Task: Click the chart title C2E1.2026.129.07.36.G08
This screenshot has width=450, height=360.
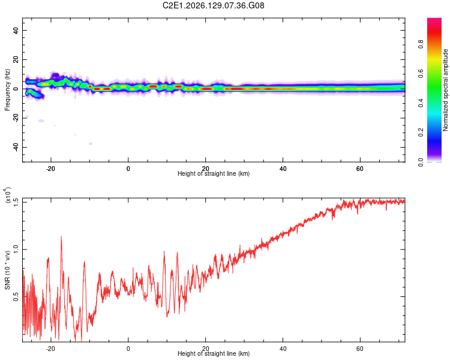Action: tap(213, 5)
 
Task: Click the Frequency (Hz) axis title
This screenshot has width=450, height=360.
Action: tap(7, 90)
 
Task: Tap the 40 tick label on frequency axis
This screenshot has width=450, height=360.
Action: tap(16, 30)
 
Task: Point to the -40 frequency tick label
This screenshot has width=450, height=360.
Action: tap(16, 147)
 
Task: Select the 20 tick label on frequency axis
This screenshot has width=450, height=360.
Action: tap(16, 59)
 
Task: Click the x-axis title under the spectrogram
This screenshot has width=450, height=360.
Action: tap(214, 173)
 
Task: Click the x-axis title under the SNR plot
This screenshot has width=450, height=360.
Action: tap(214, 353)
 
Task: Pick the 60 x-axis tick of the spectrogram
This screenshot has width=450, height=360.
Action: tap(360, 169)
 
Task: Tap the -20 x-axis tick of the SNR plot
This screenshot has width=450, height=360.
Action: tap(50, 349)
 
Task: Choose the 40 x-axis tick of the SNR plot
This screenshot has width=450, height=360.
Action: tap(283, 349)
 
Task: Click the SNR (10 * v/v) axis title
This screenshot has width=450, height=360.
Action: tap(7, 270)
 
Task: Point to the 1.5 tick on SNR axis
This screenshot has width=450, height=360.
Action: tap(16, 202)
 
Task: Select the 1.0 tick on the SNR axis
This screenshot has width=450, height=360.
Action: tap(16, 250)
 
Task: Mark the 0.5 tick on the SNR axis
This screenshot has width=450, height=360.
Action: tap(16, 296)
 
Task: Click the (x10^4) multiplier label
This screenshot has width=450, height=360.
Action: tap(7, 195)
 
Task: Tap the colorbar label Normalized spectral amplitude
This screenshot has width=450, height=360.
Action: tap(445, 90)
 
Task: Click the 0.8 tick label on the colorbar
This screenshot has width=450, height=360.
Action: tap(421, 44)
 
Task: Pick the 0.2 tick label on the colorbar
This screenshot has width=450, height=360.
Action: tap(421, 133)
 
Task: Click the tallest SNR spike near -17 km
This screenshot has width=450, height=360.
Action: tap(61, 237)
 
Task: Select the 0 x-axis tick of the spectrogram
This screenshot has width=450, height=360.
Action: tap(128, 169)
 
